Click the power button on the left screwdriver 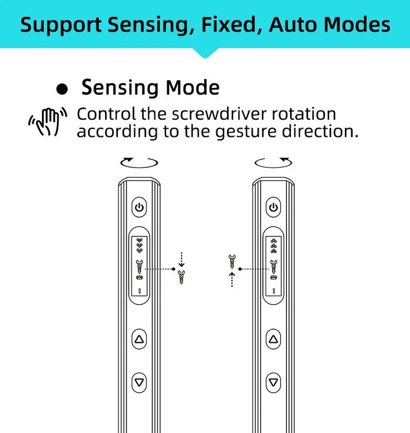pyautogui.click(x=139, y=207)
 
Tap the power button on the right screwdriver pyautogui.click(x=273, y=207)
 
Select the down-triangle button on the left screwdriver pyautogui.click(x=139, y=382)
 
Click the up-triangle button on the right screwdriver pyautogui.click(x=273, y=340)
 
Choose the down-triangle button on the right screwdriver pyautogui.click(x=273, y=382)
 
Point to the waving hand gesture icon pyautogui.click(x=48, y=122)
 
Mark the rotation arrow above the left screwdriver pyautogui.click(x=139, y=162)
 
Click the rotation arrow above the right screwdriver pyautogui.click(x=273, y=162)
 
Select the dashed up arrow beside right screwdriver pyautogui.click(x=231, y=279)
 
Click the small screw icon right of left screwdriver pyautogui.click(x=182, y=277)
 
